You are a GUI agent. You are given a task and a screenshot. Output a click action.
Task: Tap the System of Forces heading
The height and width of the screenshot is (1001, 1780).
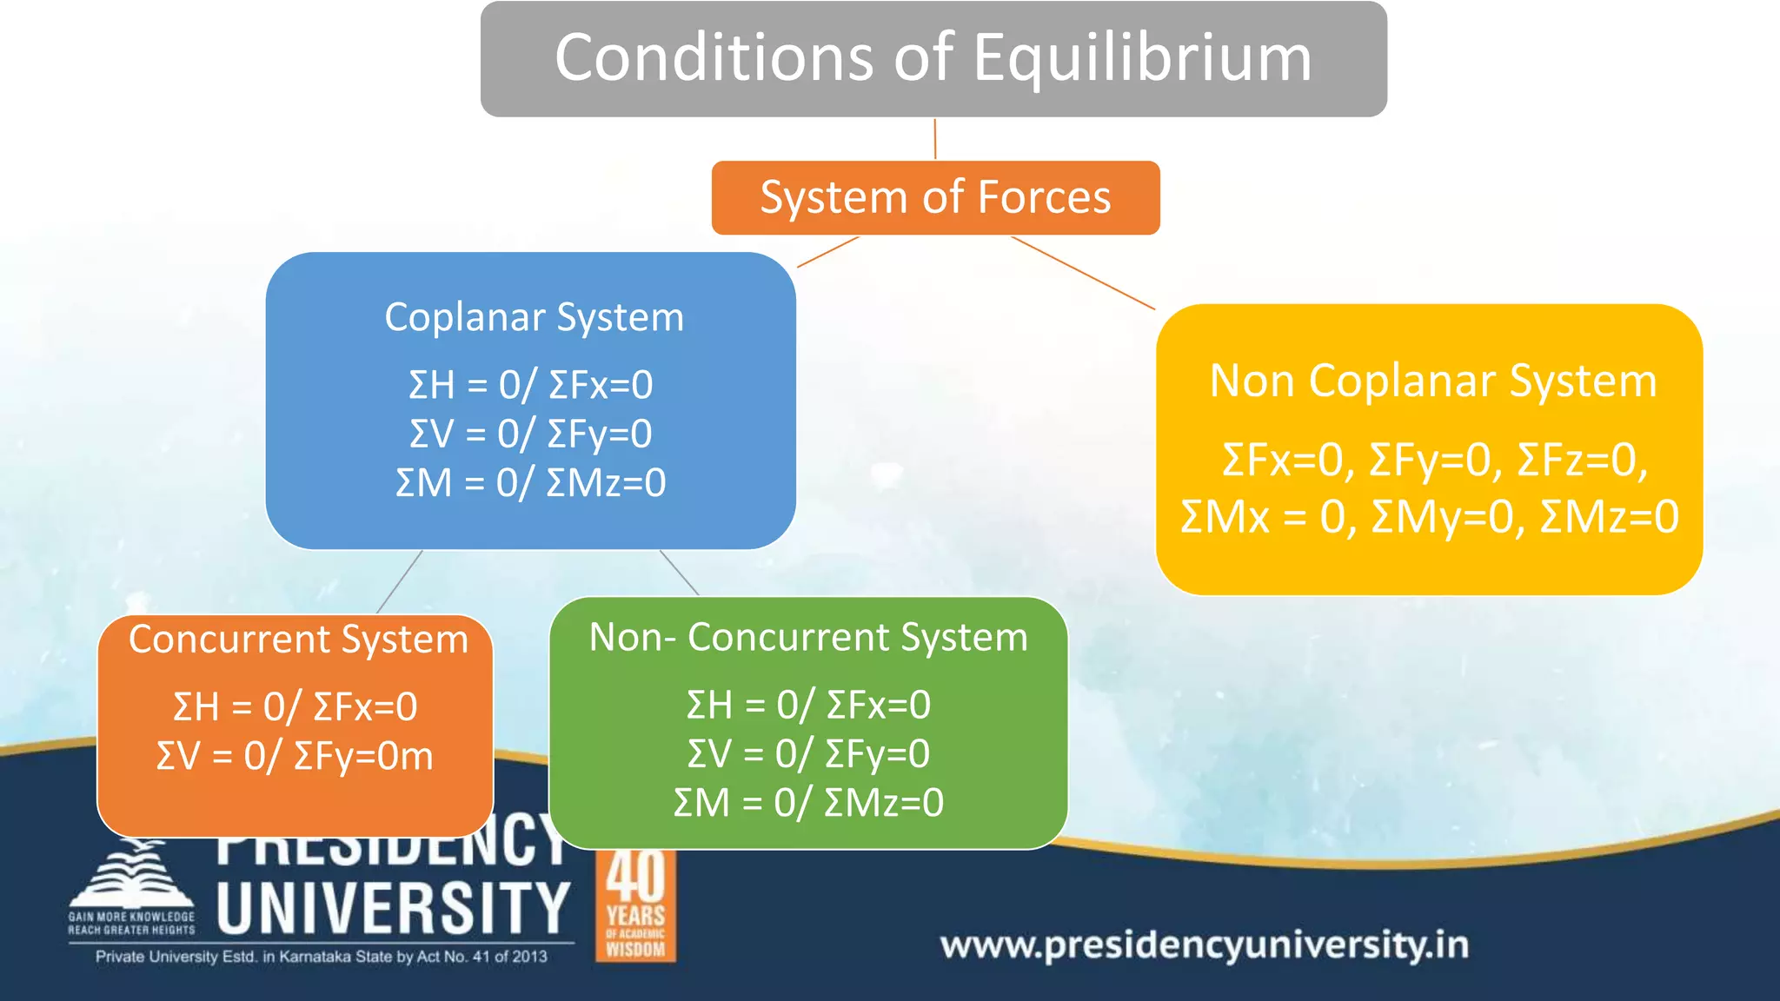tap(935, 197)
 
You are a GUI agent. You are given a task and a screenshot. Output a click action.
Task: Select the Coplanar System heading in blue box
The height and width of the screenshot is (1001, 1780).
tap(534, 317)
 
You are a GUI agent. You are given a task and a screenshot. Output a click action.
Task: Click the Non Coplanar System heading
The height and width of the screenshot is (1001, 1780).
tap(1433, 381)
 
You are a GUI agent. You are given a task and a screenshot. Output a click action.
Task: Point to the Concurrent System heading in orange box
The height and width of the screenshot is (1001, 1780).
tap(298, 640)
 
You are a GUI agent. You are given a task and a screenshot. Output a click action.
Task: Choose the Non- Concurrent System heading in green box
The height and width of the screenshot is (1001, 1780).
tap(808, 637)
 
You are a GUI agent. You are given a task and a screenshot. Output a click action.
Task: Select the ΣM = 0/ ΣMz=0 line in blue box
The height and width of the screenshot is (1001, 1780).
tap(530, 482)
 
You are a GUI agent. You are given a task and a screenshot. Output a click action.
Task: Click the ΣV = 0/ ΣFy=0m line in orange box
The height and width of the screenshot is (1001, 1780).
tap(295, 756)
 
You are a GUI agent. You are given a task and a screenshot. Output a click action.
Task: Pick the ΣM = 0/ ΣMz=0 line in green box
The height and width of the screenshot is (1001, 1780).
tap(808, 802)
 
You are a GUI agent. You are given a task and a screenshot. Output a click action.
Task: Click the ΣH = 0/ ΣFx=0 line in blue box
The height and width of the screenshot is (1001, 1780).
tap(530, 385)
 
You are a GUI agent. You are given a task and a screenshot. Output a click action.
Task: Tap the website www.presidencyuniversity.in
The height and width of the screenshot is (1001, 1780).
tap(1204, 945)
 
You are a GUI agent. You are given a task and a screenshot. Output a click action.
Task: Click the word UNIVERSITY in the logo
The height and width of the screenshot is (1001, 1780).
tap(393, 908)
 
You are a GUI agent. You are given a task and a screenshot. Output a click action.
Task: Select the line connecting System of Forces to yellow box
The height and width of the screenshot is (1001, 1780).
tap(1083, 273)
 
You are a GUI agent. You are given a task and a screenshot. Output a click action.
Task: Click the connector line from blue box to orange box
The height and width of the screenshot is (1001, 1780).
tap(400, 581)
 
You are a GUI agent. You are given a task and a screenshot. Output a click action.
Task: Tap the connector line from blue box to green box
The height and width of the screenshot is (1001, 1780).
tap(679, 573)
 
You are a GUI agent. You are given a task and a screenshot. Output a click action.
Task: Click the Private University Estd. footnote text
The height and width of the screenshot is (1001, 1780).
tap(321, 957)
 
